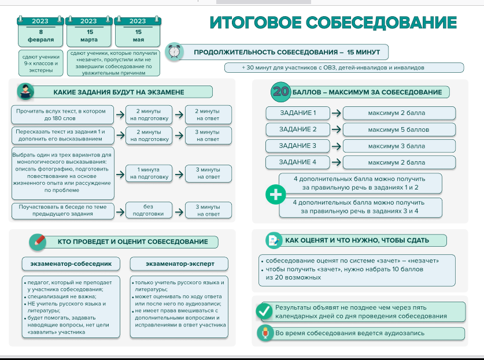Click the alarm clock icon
point(174,52)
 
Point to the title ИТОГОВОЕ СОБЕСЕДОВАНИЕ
point(332,23)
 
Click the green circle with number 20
point(280,92)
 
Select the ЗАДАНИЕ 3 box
point(297,146)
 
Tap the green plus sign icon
point(275,195)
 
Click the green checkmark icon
point(264,311)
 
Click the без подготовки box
point(149,210)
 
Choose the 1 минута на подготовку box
point(149,173)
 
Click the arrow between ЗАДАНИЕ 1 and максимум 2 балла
point(336,113)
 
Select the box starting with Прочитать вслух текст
point(61,114)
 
